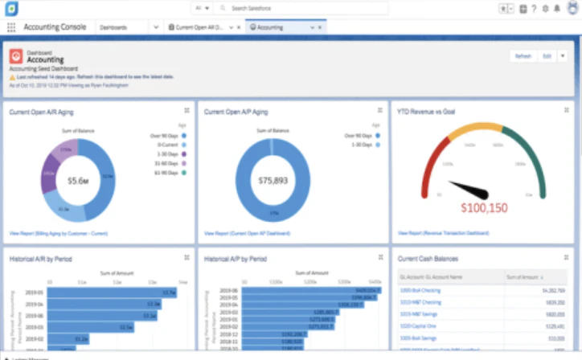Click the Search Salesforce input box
305,8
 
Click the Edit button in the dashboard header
547,56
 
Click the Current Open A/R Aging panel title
41,112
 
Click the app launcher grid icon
11,27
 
